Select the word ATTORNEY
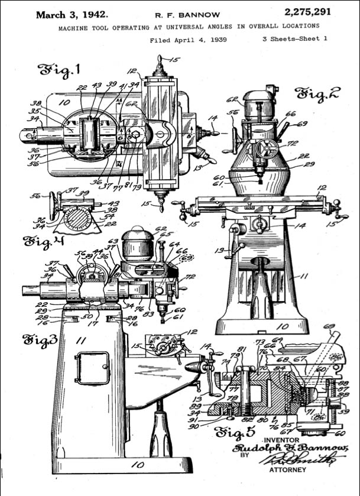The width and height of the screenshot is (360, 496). (288, 470)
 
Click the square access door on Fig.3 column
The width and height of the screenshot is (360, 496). (92, 368)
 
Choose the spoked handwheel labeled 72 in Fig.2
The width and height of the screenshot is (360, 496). (267, 150)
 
